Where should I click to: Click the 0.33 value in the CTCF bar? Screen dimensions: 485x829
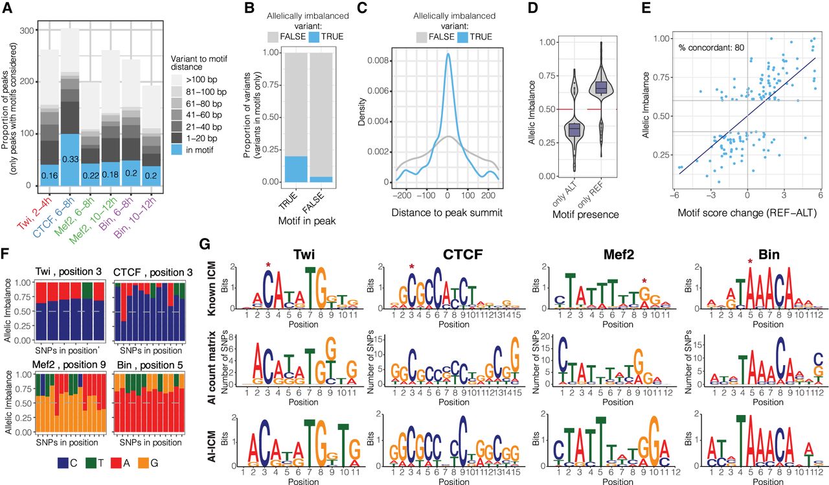point(70,160)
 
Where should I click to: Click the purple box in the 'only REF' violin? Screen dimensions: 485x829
point(602,87)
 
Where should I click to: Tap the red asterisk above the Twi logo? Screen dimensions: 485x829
point(267,265)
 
